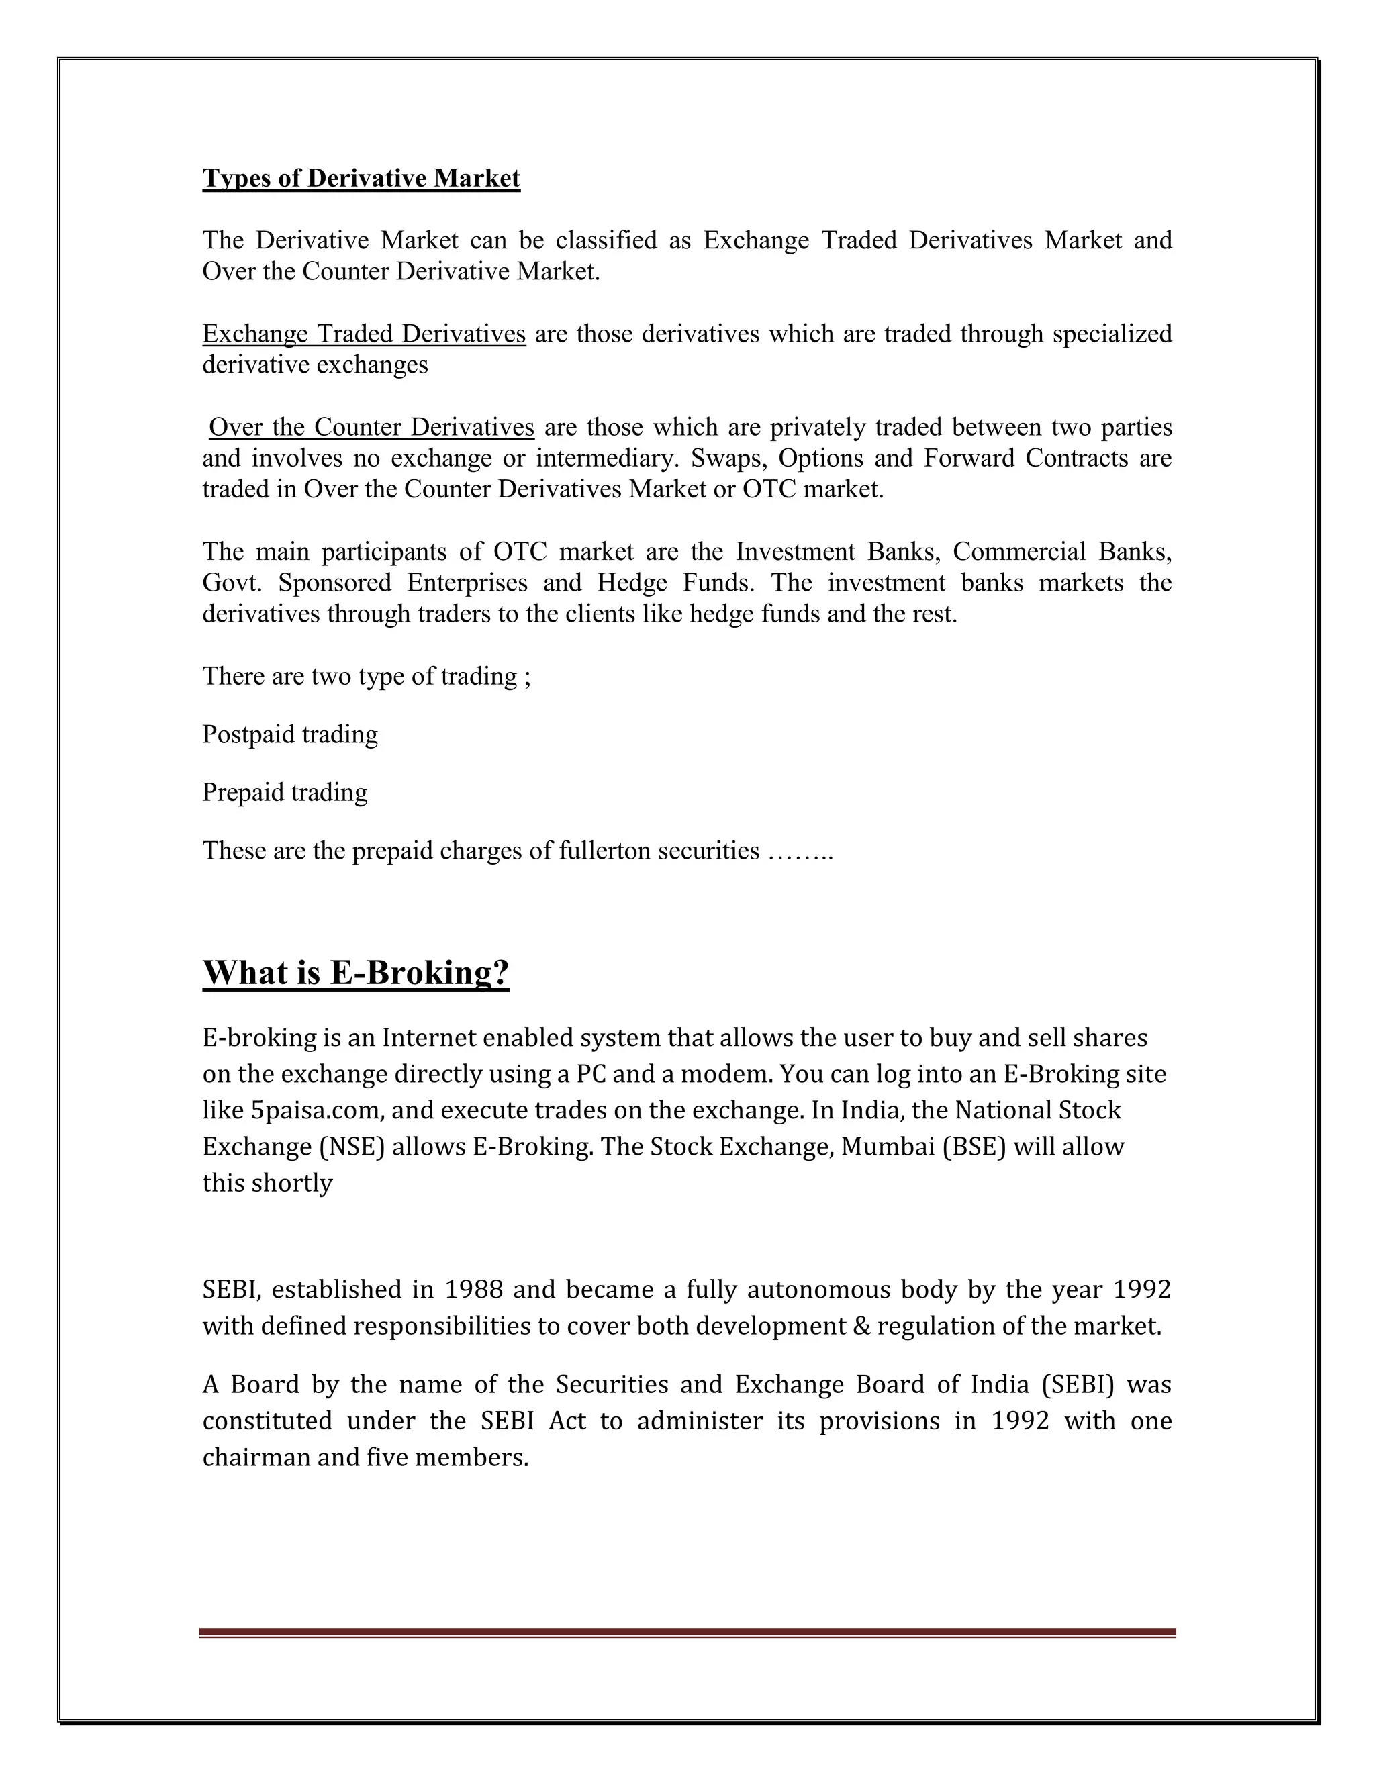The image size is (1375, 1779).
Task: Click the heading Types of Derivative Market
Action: pos(361,179)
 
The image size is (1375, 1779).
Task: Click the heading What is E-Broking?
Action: pos(356,973)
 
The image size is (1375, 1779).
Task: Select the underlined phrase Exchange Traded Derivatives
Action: pos(364,334)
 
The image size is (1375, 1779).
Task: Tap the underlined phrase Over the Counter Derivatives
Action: pos(371,428)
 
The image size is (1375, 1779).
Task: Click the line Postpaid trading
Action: pos(290,734)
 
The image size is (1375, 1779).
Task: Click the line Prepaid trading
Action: pos(285,793)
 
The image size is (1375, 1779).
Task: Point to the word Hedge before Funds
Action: pos(633,583)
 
